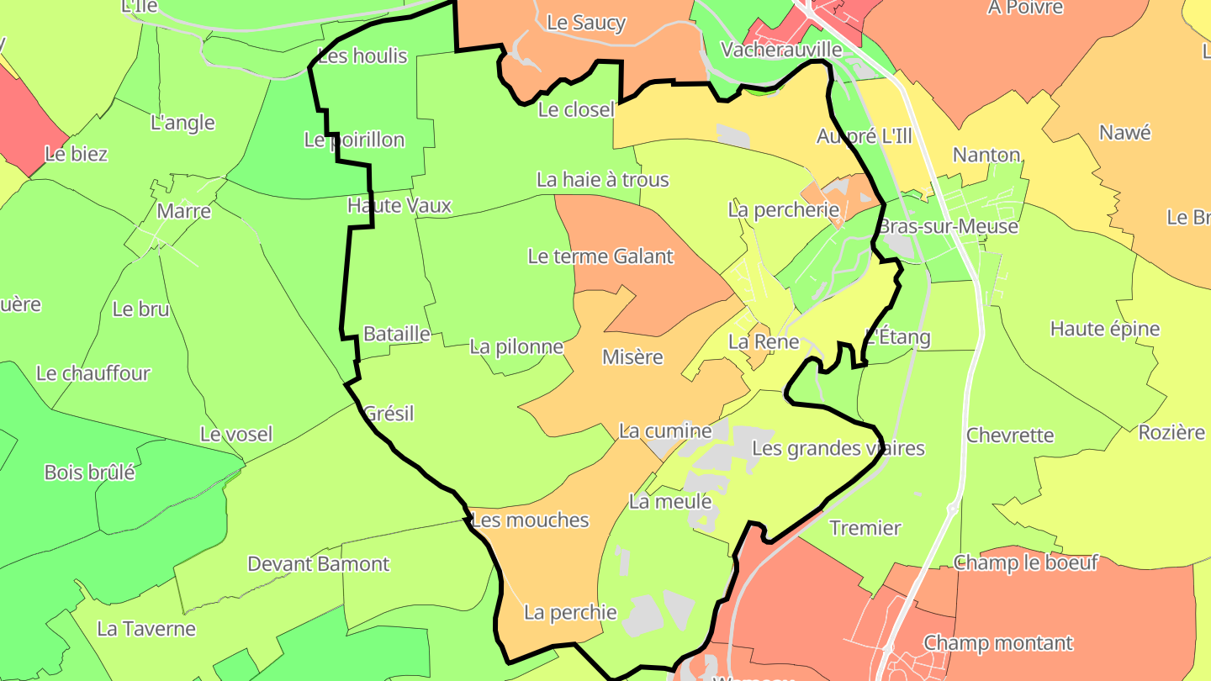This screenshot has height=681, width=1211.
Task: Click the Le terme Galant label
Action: click(600, 256)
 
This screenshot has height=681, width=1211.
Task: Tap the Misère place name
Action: click(632, 357)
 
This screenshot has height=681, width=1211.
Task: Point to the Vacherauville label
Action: click(781, 50)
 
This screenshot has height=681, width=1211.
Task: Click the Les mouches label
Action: click(530, 520)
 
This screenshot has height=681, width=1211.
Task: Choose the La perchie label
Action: click(570, 612)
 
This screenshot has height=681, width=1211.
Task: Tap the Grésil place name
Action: click(389, 414)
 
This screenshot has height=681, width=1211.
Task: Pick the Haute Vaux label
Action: click(399, 205)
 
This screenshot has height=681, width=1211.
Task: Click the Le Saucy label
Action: click(586, 23)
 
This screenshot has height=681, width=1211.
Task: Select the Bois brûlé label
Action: click(89, 472)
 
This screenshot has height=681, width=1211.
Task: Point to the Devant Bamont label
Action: click(318, 563)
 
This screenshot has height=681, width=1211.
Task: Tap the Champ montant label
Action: click(998, 643)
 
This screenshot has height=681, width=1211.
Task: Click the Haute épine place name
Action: click(1104, 329)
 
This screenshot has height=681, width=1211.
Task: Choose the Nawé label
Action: click(1124, 133)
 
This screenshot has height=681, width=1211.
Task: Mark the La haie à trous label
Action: click(602, 179)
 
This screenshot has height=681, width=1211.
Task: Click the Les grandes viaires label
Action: click(838, 448)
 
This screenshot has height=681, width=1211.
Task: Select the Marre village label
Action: click(183, 211)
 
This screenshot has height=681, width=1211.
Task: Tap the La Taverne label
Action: click(146, 628)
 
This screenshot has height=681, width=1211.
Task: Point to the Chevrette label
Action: click(1010, 435)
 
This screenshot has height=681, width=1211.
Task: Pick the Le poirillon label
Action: click(354, 140)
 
